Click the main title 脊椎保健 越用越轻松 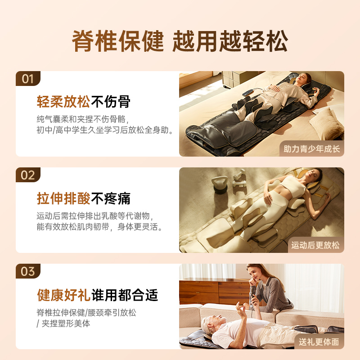(x=180, y=41)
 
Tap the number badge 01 (x=28, y=79)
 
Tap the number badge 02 (x=28, y=175)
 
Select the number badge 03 (x=28, y=271)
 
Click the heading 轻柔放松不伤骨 (x=84, y=102)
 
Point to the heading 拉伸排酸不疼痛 (x=84, y=198)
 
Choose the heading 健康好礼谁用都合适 (x=98, y=295)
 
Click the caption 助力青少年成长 (x=312, y=148)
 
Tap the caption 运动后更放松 (x=315, y=245)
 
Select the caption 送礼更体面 (x=319, y=342)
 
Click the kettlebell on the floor (x=220, y=184)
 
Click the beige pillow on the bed (x=326, y=122)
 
